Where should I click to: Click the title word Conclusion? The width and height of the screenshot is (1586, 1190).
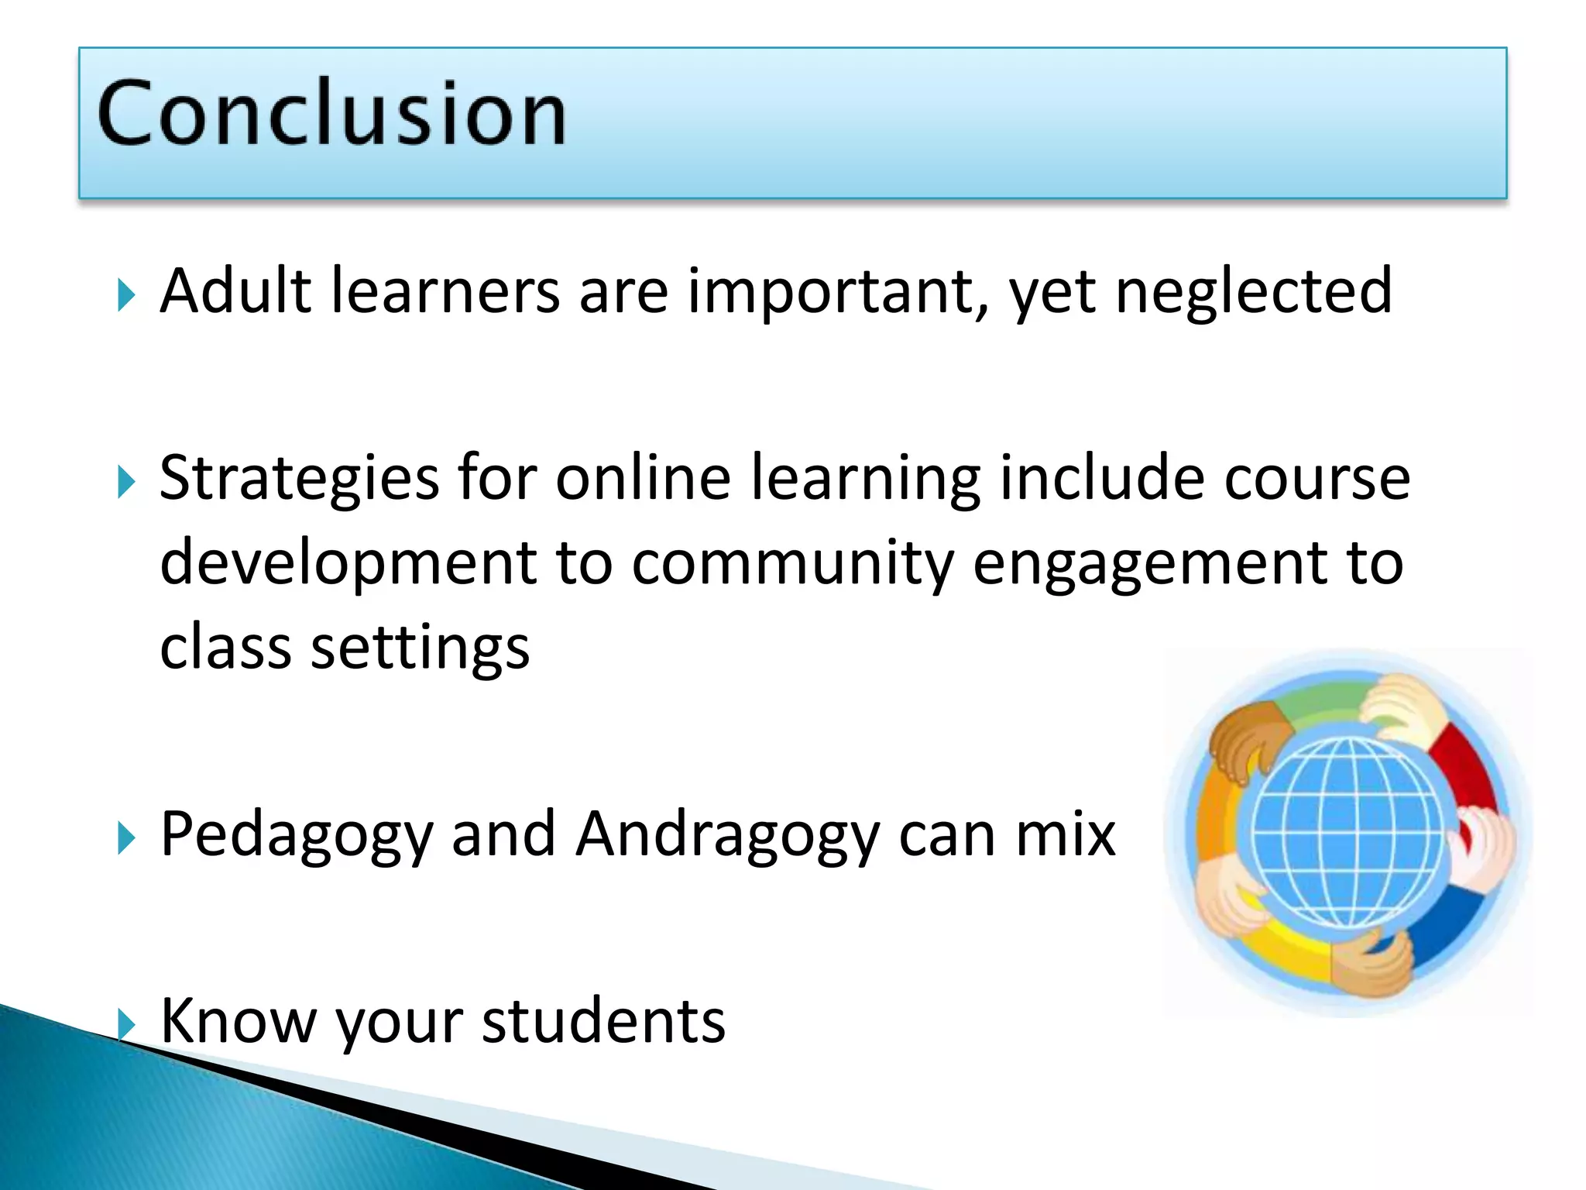[331, 114]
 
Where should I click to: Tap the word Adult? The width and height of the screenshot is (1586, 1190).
[235, 291]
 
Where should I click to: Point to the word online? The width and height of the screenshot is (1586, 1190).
[643, 478]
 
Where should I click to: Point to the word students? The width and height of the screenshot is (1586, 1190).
[603, 1021]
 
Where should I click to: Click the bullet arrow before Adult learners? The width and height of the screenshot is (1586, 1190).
[126, 295]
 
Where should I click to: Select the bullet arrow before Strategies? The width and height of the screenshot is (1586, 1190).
[126, 483]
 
